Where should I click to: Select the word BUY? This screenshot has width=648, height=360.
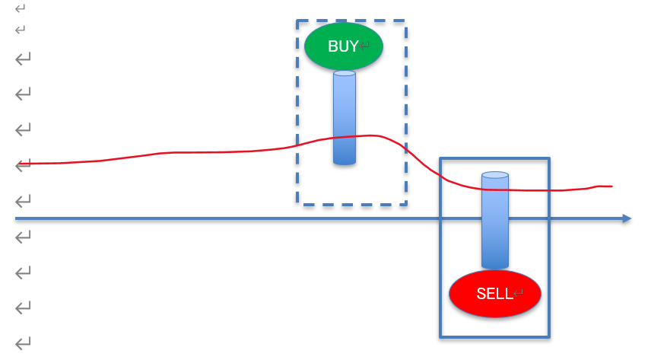[x=342, y=46]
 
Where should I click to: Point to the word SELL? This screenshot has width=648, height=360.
[x=494, y=295]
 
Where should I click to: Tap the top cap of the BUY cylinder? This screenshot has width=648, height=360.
[x=345, y=74]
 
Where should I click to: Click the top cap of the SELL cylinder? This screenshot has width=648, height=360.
[x=494, y=175]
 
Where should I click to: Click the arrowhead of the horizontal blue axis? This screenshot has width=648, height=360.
[x=627, y=218]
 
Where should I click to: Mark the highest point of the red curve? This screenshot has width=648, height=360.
[x=370, y=135]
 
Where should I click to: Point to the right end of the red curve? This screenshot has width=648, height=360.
[x=611, y=186]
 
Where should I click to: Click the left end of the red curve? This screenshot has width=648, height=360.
[x=17, y=164]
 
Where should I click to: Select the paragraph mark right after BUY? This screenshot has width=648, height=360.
[x=364, y=46]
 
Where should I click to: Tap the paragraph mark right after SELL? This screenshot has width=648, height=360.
[x=519, y=295]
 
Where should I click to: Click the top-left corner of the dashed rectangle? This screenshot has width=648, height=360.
[x=297, y=21]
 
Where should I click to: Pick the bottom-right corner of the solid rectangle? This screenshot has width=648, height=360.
[x=548, y=336]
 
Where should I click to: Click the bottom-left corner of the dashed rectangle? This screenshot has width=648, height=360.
[x=297, y=204]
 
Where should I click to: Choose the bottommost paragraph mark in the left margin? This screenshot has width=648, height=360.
[x=23, y=343]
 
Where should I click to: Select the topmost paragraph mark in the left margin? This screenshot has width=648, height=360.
[x=20, y=8]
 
